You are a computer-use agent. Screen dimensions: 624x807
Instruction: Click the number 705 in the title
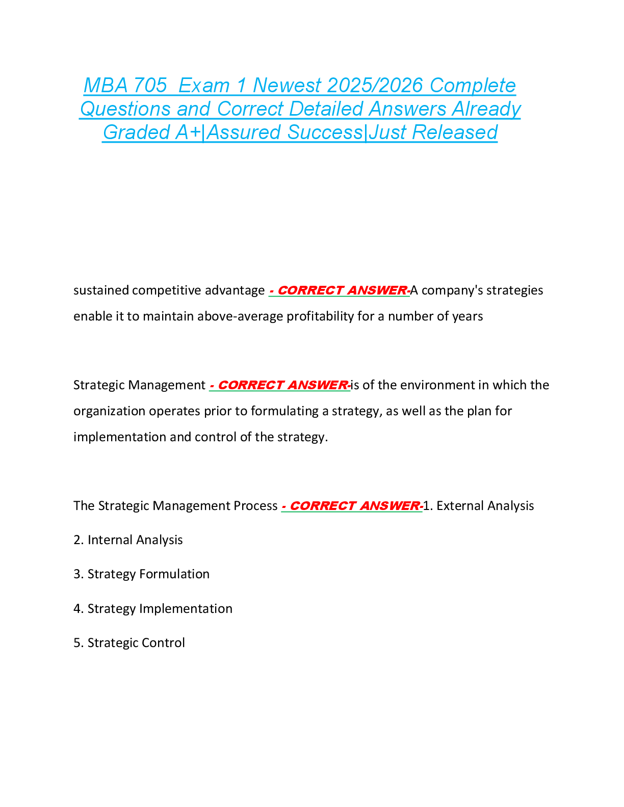tap(150, 86)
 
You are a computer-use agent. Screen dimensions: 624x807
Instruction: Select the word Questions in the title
tap(125, 109)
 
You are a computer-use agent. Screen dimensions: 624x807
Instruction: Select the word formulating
tap(284, 411)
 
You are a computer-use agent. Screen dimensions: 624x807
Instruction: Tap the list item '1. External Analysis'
tap(479, 505)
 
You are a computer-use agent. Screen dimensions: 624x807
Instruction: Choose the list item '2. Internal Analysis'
tap(128, 540)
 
